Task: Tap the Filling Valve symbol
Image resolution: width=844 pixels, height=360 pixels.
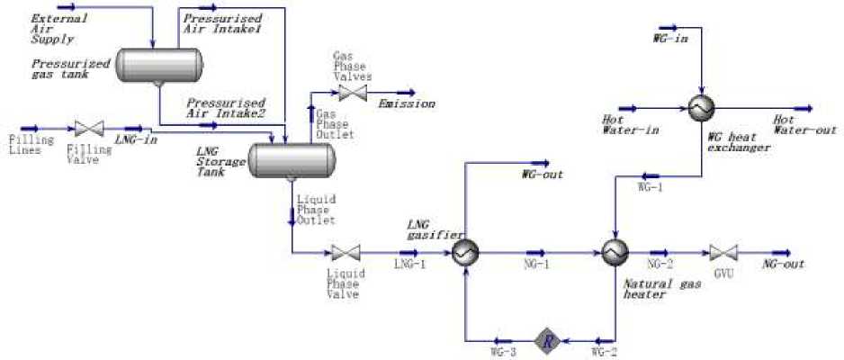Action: tap(89, 130)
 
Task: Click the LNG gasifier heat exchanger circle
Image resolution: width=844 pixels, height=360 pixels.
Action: tap(465, 253)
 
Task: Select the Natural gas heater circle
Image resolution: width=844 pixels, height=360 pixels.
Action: tap(614, 253)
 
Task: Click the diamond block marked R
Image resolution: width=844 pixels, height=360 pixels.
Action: tap(546, 340)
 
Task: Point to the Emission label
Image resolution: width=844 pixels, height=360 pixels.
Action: tap(407, 104)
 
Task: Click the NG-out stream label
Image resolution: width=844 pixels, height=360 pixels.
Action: tap(783, 265)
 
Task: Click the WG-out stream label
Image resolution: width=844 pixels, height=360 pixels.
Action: tap(542, 175)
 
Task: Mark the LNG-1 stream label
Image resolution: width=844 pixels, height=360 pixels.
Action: tap(409, 265)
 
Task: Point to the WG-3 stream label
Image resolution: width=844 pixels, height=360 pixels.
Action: tap(502, 352)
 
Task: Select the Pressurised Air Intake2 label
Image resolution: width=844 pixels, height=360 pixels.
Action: tap(224, 109)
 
